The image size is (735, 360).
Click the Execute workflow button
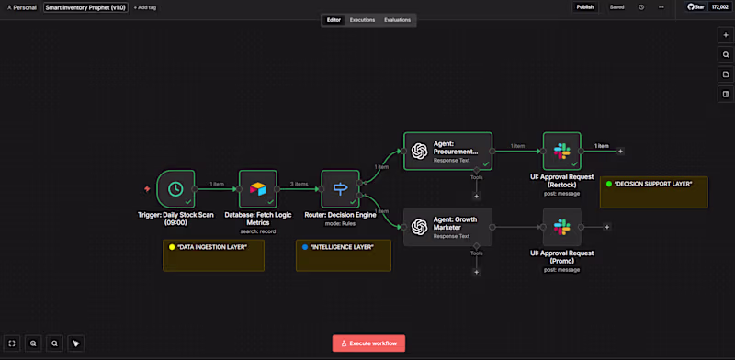pyautogui.click(x=368, y=343)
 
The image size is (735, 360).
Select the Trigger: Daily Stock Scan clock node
pyautogui.click(x=175, y=189)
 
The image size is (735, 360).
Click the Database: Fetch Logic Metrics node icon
pyautogui.click(x=257, y=189)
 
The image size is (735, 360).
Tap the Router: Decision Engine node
pyautogui.click(x=340, y=189)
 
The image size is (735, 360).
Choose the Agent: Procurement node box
pyautogui.click(x=447, y=151)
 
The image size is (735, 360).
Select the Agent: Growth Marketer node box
pyautogui.click(x=447, y=227)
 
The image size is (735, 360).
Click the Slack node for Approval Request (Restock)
pyautogui.click(x=561, y=151)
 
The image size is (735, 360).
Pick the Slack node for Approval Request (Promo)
pyautogui.click(x=561, y=227)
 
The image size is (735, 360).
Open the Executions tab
pyautogui.click(x=362, y=20)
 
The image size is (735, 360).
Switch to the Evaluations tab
pyautogui.click(x=397, y=20)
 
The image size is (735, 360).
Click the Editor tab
pyautogui.click(x=334, y=20)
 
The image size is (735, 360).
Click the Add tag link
pyautogui.click(x=144, y=7)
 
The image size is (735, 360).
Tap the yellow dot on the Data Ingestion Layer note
pyautogui.click(x=172, y=247)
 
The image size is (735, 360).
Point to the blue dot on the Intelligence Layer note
pyautogui.click(x=305, y=247)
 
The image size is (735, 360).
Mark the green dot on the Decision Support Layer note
pyautogui.click(x=608, y=184)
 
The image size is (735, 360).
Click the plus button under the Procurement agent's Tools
pyautogui.click(x=476, y=195)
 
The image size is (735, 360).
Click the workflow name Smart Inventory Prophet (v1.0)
pyautogui.click(x=85, y=7)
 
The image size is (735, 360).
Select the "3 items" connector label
pyautogui.click(x=299, y=184)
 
